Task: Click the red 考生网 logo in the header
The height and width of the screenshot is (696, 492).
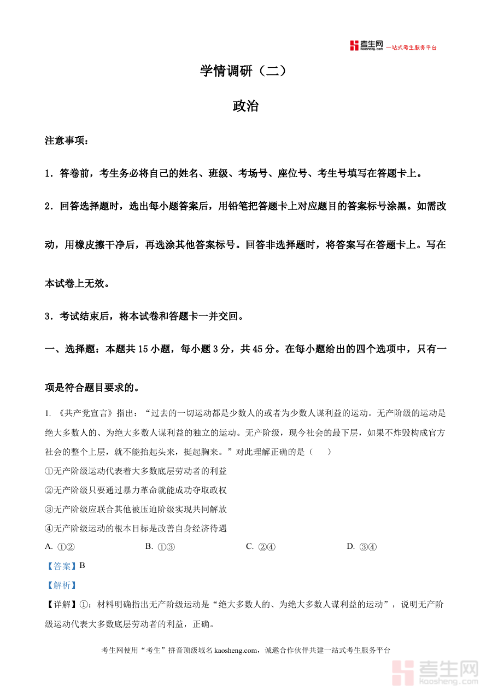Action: click(x=367, y=46)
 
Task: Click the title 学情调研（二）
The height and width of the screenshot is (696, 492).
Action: click(x=243, y=71)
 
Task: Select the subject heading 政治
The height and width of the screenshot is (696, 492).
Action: click(x=245, y=106)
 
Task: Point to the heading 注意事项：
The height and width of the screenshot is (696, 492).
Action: click(x=66, y=141)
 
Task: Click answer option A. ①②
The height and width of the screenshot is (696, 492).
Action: click(x=60, y=546)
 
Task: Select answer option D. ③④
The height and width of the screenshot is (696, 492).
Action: click(x=362, y=546)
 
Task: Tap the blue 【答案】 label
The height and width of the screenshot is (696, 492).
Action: click(x=62, y=566)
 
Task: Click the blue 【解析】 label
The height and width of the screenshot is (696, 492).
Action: click(x=62, y=585)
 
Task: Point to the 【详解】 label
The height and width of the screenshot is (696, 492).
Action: click(x=62, y=605)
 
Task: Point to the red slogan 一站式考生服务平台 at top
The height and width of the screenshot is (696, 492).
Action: click(x=412, y=48)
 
